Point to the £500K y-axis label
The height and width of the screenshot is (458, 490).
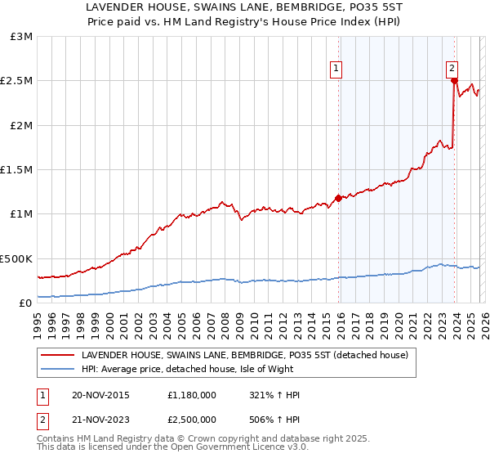point(17,258)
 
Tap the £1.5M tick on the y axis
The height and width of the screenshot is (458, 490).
point(17,170)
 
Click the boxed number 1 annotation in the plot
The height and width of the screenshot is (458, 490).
point(336,70)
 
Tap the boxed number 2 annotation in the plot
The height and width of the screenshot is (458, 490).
point(452,70)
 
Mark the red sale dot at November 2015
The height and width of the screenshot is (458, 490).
point(338,198)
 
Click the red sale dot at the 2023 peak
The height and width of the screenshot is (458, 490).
point(453,81)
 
